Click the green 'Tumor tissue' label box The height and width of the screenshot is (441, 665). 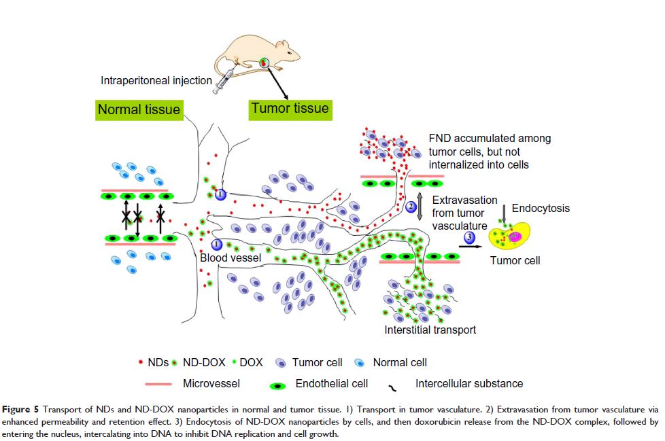coord(290,108)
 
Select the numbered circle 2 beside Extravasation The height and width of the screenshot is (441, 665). coord(411,207)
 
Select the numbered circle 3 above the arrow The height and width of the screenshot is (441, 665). coord(470,236)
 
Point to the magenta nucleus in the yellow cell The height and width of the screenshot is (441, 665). coord(515,236)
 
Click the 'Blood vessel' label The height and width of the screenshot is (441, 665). coord(227,258)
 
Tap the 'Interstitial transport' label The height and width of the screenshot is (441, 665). coord(430,330)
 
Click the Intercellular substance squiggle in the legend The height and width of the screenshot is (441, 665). coord(392,388)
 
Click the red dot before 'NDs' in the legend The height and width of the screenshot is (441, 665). coord(141,363)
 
